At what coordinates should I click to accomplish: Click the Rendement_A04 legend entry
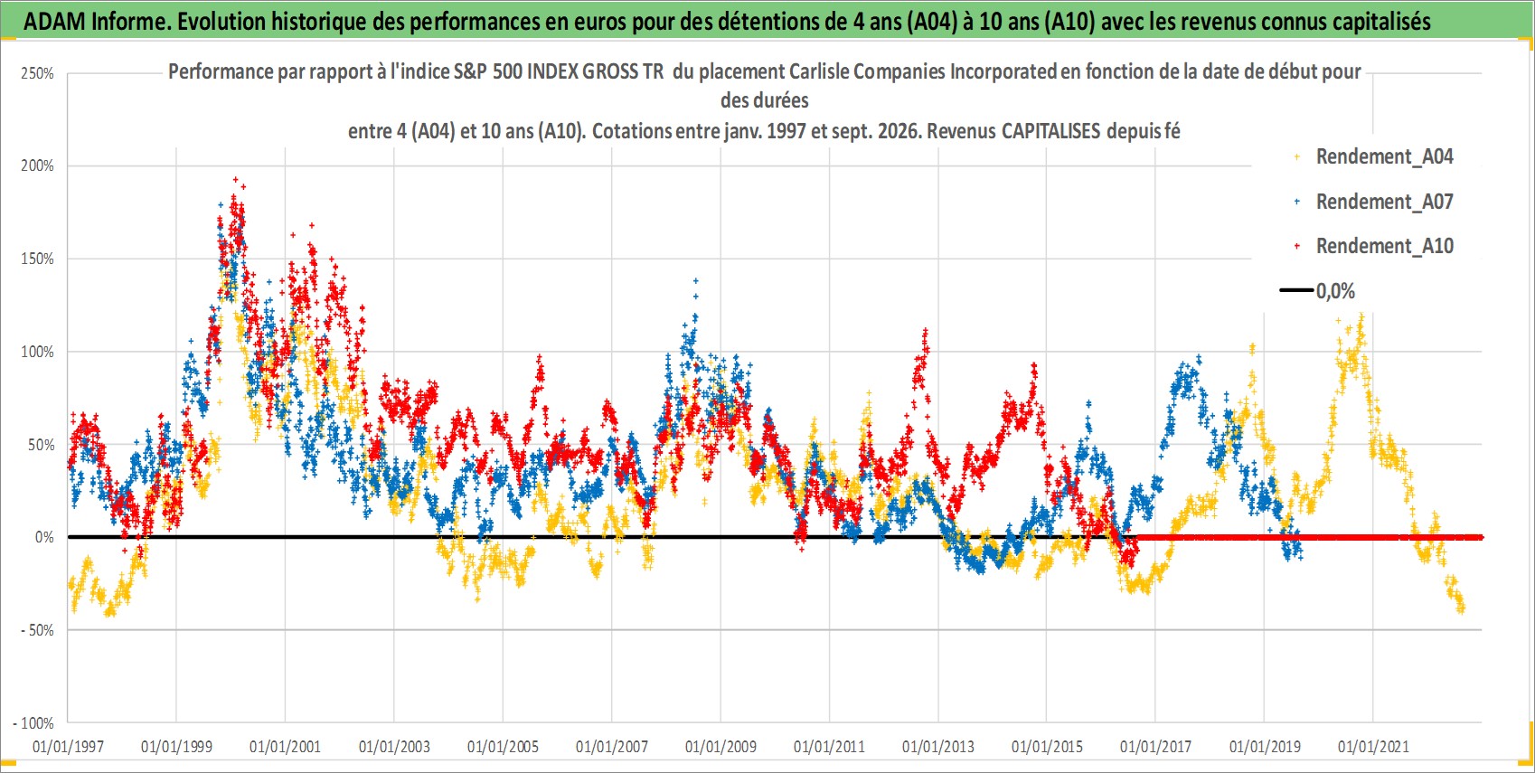tap(1373, 157)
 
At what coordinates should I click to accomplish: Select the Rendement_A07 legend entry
tap(1373, 202)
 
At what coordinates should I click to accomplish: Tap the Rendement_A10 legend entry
tap(1373, 246)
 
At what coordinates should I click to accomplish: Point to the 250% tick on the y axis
tap(37, 73)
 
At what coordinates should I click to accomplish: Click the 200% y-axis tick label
tap(37, 165)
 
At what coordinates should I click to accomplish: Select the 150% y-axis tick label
tap(37, 259)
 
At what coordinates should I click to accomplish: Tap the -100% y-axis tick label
tap(33, 723)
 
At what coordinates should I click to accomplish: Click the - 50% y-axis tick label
tap(35, 630)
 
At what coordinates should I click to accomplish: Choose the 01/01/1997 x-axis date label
tap(68, 746)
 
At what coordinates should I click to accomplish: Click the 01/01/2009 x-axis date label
tap(720, 746)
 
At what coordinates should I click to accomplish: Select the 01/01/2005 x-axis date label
tap(503, 746)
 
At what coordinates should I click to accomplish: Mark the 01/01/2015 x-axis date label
tap(1047, 746)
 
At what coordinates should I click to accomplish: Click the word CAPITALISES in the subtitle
tap(1050, 131)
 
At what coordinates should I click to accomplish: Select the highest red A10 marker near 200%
tap(235, 180)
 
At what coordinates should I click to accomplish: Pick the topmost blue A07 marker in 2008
tap(695, 281)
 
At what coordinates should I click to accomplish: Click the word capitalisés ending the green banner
tap(1380, 22)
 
